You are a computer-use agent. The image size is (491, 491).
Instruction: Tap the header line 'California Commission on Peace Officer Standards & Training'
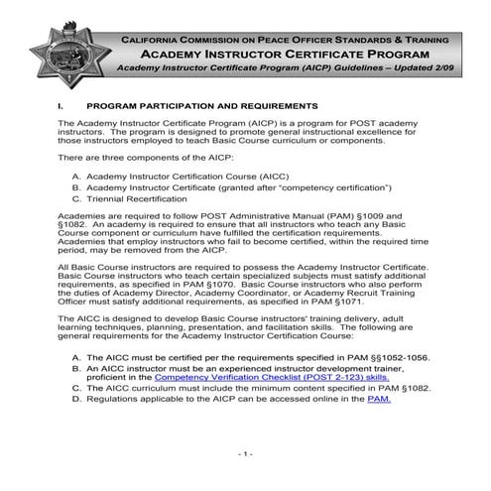tap(287, 38)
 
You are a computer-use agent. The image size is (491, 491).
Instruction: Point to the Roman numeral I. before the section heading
tap(61, 104)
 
